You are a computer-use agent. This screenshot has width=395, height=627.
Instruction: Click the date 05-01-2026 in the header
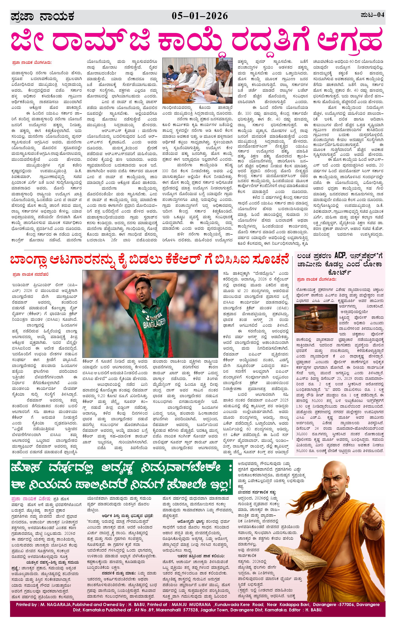(200, 16)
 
